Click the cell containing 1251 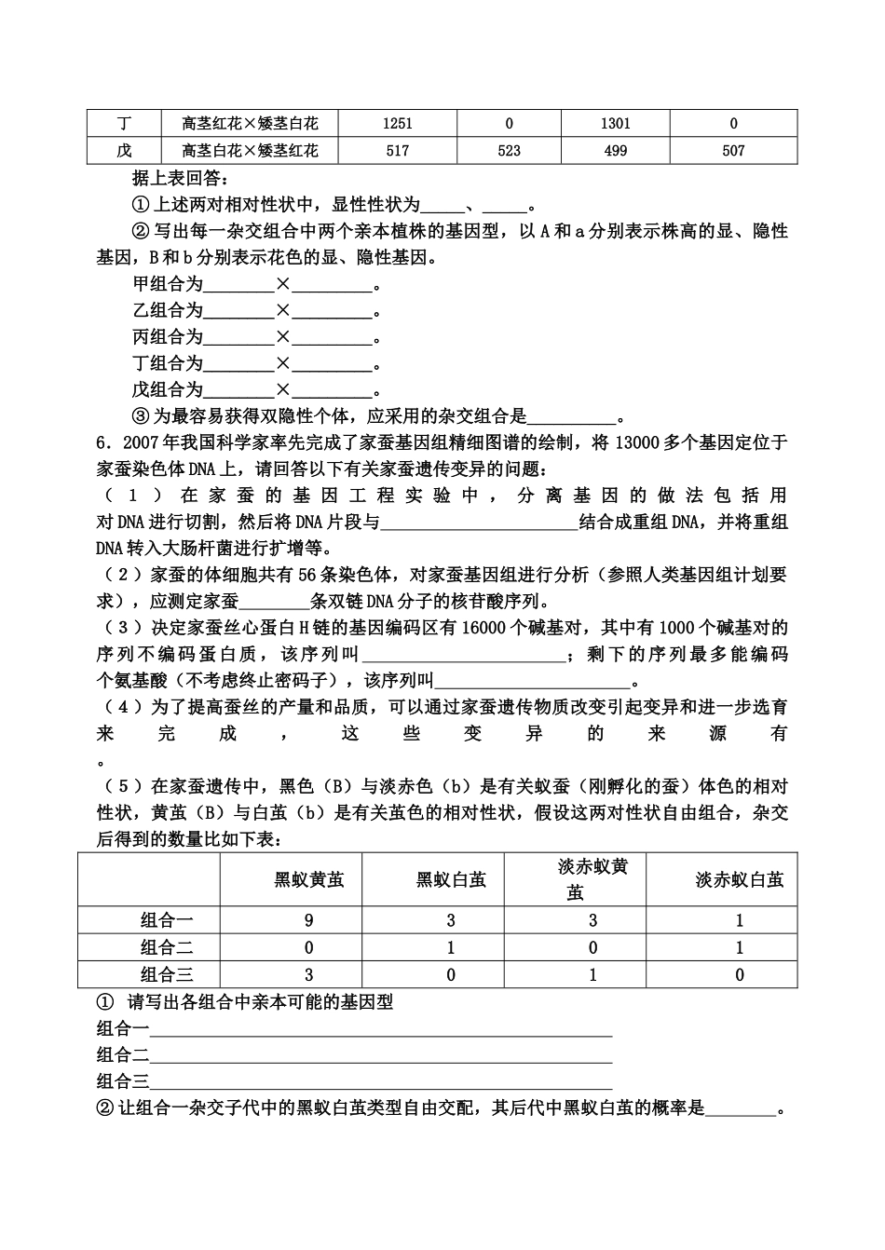[397, 123]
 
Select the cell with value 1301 [615, 123]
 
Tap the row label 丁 [124, 123]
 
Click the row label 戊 [124, 150]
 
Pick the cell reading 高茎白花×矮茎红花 [250, 150]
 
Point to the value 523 [509, 150]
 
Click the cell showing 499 [615, 150]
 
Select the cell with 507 [733, 150]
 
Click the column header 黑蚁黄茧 [309, 879]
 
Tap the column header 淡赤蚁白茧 [739, 879]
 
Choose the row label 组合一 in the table [167, 920]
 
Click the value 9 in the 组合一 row [309, 920]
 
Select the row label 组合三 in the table [167, 975]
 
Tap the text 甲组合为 [168, 285]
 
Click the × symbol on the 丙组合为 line [283, 337]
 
